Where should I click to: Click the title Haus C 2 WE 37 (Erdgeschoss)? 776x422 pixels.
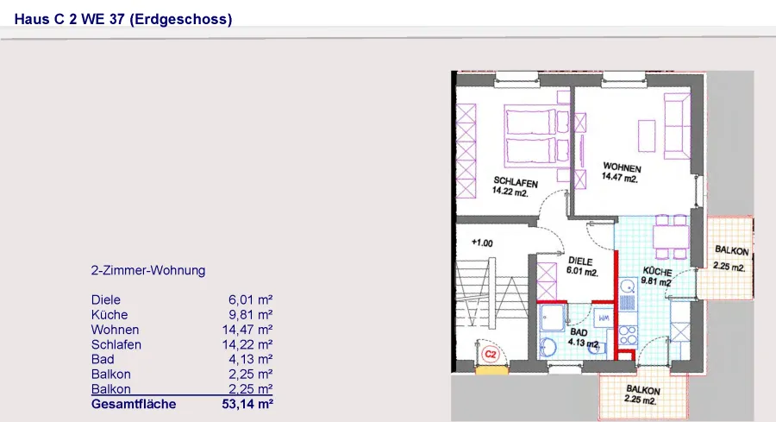(x=123, y=19)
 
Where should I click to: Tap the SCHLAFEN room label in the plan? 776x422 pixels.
(x=516, y=182)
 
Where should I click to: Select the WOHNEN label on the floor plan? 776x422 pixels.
(x=622, y=167)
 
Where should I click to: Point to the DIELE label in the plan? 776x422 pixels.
(x=580, y=261)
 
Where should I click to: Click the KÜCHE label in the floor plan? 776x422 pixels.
(x=657, y=272)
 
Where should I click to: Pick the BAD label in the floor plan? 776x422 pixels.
(x=579, y=332)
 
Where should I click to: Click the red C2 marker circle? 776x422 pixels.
(x=491, y=354)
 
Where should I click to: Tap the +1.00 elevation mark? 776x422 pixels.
(x=482, y=242)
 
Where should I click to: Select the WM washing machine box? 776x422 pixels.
(x=604, y=318)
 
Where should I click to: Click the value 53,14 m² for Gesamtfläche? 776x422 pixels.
(x=247, y=404)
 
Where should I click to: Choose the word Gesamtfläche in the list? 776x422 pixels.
(x=134, y=404)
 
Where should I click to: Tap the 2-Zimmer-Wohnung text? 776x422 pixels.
(x=148, y=270)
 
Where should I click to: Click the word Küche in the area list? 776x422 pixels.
(x=110, y=315)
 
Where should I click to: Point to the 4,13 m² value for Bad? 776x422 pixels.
(x=250, y=360)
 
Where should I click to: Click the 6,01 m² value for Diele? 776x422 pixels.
(x=250, y=300)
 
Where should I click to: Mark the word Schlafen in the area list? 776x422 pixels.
(x=116, y=344)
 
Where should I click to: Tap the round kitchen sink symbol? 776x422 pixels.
(x=628, y=286)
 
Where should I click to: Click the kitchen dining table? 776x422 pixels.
(x=671, y=236)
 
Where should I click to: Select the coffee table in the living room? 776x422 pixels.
(x=647, y=135)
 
